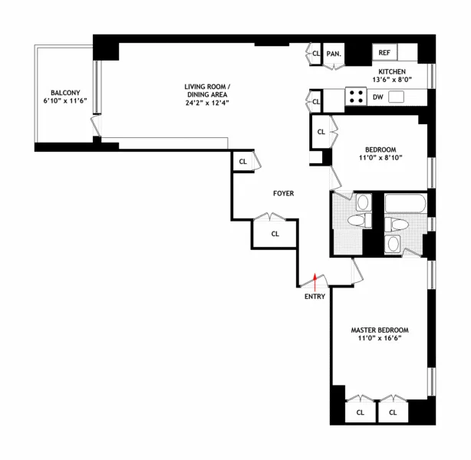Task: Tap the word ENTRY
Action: point(315,297)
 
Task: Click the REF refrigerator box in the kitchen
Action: point(385,53)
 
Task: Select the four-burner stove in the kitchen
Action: point(357,97)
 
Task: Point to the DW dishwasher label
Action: point(377,97)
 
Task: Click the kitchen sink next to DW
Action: point(397,97)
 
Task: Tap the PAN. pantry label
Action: point(334,54)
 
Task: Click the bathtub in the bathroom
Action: point(404,205)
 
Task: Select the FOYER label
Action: point(284,193)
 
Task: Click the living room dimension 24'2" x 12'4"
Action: point(207,103)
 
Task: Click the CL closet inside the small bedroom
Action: point(321,133)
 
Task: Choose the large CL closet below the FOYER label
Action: point(275,234)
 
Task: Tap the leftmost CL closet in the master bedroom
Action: point(360,412)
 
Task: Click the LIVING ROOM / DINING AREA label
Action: point(207,90)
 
